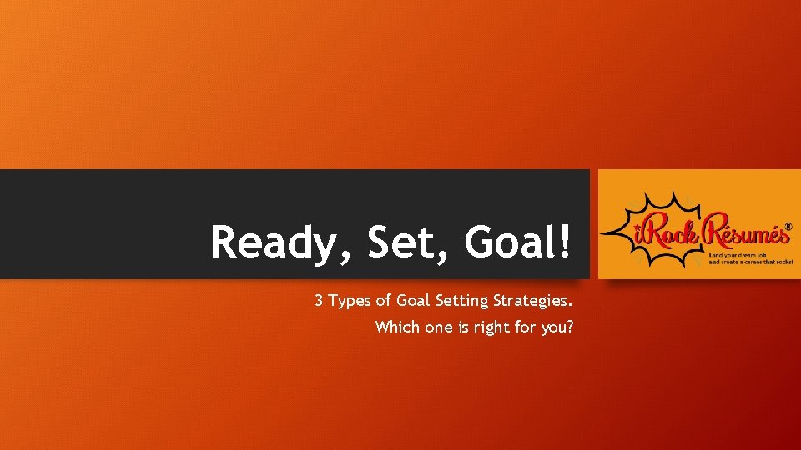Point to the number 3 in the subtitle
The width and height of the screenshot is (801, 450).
click(x=319, y=301)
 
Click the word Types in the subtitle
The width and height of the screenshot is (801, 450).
click(x=350, y=301)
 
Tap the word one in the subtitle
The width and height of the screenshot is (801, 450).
click(x=439, y=327)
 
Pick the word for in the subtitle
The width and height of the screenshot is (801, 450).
click(x=526, y=327)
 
